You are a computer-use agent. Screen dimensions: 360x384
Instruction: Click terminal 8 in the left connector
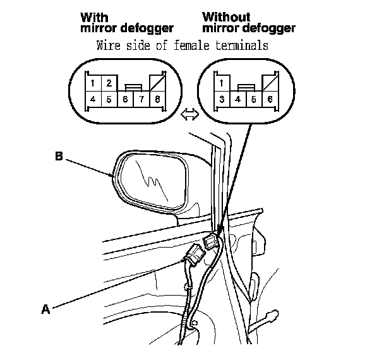(157, 99)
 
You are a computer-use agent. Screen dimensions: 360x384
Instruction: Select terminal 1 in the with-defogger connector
(92, 83)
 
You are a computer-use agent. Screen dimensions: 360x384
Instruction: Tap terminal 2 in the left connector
(108, 83)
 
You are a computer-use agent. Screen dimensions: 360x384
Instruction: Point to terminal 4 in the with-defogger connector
(92, 99)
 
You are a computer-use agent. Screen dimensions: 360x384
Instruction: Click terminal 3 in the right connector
(222, 99)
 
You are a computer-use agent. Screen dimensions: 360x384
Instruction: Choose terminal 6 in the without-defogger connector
(271, 99)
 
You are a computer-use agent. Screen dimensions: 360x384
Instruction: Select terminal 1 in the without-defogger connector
(222, 83)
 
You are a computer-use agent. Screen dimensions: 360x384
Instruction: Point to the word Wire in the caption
(110, 45)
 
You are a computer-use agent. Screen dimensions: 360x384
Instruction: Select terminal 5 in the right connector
(255, 99)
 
